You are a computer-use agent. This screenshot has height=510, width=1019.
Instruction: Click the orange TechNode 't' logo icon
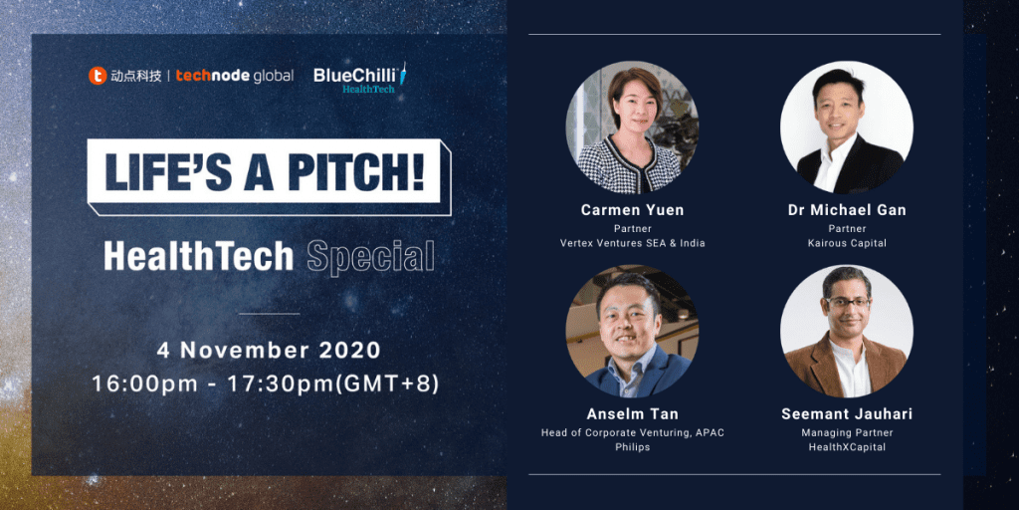pos(98,76)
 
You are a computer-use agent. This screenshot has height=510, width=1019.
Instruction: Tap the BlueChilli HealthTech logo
pos(360,78)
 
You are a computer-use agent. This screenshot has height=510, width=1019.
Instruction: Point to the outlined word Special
pos(370,257)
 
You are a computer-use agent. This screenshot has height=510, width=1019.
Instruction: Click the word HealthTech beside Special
pos(199,256)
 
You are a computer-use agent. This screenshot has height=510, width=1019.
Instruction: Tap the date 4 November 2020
pos(269,350)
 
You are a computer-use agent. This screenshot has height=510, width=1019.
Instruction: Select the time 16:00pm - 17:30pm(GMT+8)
pos(266,383)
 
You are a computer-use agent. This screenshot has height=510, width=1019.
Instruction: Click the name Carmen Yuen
pos(632,211)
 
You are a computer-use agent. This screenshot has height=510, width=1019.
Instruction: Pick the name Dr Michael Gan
pos(847,210)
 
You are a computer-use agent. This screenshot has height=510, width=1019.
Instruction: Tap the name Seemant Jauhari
pos(847,413)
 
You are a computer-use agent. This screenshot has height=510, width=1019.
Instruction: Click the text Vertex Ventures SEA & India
pos(632,243)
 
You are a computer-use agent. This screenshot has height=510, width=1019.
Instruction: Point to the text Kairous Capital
pos(847,243)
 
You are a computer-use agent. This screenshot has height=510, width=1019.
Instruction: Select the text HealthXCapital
pos(847,447)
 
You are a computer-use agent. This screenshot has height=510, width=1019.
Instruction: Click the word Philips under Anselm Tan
pos(632,447)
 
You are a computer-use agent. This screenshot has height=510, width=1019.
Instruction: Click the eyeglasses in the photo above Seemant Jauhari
pos(847,302)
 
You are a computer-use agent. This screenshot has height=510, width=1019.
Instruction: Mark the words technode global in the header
pos(235,76)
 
